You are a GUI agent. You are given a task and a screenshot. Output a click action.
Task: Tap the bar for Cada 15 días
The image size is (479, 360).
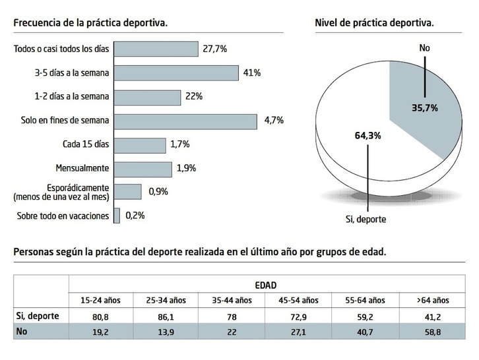coord(139,145)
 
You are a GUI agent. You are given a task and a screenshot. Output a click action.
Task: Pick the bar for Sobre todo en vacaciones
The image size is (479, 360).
coord(117,216)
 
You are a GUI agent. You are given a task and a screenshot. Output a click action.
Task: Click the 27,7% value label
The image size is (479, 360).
coord(216,49)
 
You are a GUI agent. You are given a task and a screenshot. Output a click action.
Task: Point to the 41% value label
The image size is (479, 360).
coord(252,73)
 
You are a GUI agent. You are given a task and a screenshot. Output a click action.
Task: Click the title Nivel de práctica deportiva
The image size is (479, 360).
coord(375,23)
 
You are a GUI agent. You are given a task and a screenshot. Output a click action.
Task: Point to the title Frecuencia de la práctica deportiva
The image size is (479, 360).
coord(90,23)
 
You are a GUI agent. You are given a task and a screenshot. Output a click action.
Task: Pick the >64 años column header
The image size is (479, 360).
coord(432,300)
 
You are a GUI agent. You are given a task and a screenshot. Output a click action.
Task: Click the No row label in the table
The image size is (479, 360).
coord(22,332)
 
